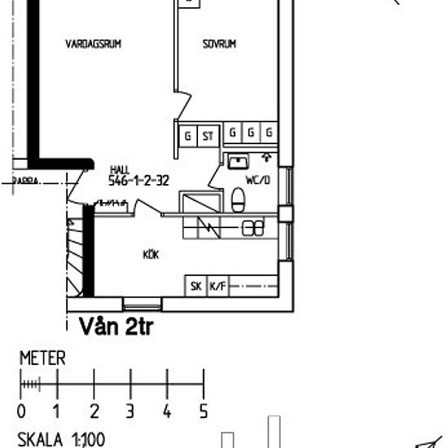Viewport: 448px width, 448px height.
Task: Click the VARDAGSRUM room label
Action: tap(93, 46)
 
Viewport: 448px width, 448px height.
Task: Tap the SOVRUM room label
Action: tap(219, 45)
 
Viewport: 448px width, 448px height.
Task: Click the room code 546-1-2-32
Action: tap(138, 182)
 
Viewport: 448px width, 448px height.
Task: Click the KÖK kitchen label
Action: tap(150, 255)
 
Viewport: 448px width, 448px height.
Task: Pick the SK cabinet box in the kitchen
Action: tap(196, 286)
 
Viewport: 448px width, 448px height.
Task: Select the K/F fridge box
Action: tap(217, 286)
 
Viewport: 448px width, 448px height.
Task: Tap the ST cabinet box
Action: tap(208, 135)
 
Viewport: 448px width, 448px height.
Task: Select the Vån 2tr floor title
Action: tap(116, 327)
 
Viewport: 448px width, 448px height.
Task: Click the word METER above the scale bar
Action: tap(42, 358)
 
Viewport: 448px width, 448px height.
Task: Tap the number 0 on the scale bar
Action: tap(21, 411)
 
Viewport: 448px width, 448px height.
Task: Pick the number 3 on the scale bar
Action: tap(130, 411)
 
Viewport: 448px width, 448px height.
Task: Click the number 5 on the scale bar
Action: tap(204, 411)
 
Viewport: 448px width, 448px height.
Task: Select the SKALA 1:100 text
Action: tap(61, 440)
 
